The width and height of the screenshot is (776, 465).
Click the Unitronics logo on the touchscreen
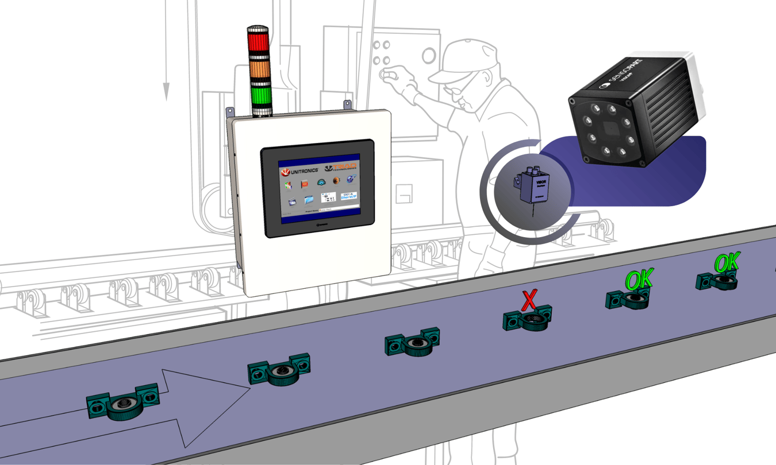click(299, 170)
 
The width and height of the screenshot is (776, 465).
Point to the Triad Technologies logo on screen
click(340, 168)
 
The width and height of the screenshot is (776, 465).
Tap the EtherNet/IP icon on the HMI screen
click(347, 198)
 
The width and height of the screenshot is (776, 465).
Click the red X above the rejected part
click(529, 300)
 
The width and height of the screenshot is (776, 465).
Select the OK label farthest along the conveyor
click(727, 263)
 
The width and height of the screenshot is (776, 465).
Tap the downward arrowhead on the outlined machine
click(166, 91)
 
